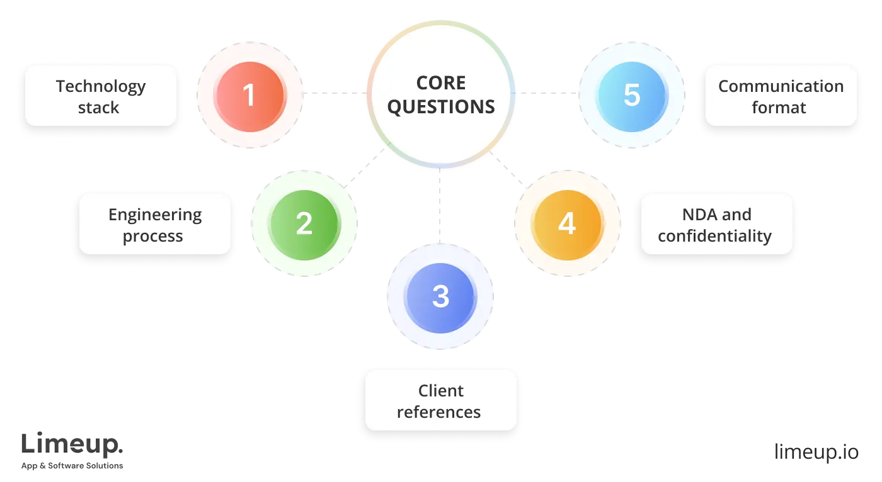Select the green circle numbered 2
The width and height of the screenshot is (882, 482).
tap(304, 223)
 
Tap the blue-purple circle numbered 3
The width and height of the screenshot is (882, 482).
tap(440, 296)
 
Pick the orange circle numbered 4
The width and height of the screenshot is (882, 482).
tap(567, 223)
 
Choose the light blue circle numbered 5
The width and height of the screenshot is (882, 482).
tap(631, 95)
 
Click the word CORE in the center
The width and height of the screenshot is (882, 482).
tap(441, 83)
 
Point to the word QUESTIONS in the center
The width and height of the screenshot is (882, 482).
tap(441, 107)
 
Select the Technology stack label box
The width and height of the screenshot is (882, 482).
tap(101, 96)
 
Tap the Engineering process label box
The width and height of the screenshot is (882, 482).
tap(154, 225)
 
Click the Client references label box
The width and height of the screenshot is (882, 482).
tap(440, 401)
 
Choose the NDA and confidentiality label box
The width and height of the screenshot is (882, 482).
tap(716, 225)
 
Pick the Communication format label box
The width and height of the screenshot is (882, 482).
tap(781, 96)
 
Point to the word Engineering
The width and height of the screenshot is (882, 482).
tap(155, 215)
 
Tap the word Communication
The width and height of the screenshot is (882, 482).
tap(781, 86)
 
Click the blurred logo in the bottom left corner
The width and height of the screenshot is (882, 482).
tap(72, 452)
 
